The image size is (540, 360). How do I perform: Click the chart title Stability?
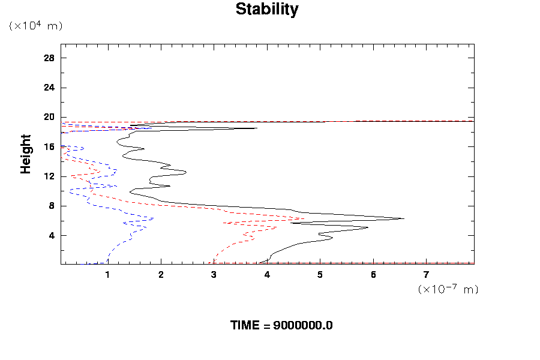click(x=266, y=10)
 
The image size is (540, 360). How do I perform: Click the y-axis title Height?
click(x=26, y=154)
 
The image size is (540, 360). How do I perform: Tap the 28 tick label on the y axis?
click(x=49, y=58)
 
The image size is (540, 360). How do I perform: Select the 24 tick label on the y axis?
click(x=49, y=88)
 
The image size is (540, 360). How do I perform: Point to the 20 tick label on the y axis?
click(x=49, y=117)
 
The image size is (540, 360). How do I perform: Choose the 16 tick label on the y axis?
click(x=49, y=146)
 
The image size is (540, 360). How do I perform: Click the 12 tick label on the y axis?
click(x=49, y=176)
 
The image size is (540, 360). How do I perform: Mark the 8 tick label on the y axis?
click(x=52, y=206)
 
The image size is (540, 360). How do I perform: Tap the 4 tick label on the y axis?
click(x=52, y=235)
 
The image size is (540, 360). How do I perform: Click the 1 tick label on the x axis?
click(x=108, y=275)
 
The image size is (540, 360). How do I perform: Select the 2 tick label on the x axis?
click(x=161, y=275)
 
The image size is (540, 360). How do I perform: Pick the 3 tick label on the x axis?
click(x=214, y=275)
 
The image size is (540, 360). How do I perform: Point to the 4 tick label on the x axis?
click(x=267, y=275)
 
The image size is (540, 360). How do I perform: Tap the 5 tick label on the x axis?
click(x=320, y=275)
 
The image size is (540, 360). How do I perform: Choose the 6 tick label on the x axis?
click(x=373, y=275)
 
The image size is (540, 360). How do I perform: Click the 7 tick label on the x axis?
click(x=427, y=275)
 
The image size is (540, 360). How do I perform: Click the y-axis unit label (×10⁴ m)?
click(x=35, y=26)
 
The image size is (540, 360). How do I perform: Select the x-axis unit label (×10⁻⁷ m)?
click(x=448, y=289)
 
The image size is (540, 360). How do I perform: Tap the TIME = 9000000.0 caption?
click(x=281, y=326)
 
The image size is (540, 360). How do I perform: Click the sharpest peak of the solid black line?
click(x=404, y=218)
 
